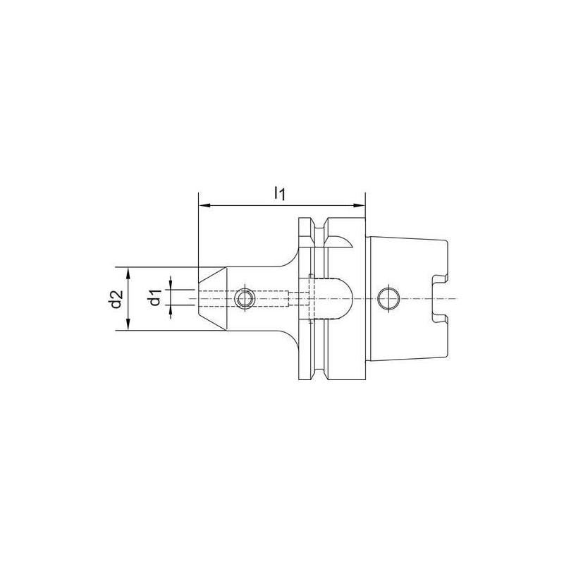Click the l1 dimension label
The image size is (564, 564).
[x=280, y=192]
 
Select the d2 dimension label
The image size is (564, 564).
[x=116, y=299]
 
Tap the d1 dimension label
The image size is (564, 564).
[x=157, y=299]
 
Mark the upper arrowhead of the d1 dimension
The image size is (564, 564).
[x=168, y=285]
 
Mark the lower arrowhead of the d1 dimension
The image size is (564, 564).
[x=168, y=311]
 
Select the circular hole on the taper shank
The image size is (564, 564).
[x=387, y=298]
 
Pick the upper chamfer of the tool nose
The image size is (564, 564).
[x=212, y=276]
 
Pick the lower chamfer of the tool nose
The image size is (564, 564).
[x=212, y=321]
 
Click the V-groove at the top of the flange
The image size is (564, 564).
[x=318, y=229]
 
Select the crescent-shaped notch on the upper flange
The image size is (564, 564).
[x=342, y=242]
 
